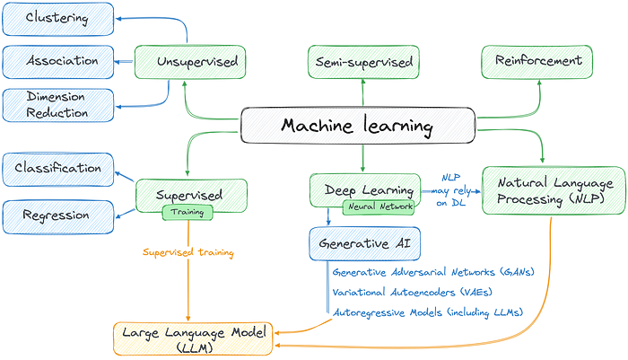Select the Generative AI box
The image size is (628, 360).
pos(359,241)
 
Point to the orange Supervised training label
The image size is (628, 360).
pos(188,254)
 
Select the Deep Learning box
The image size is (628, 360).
pos(362,189)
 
